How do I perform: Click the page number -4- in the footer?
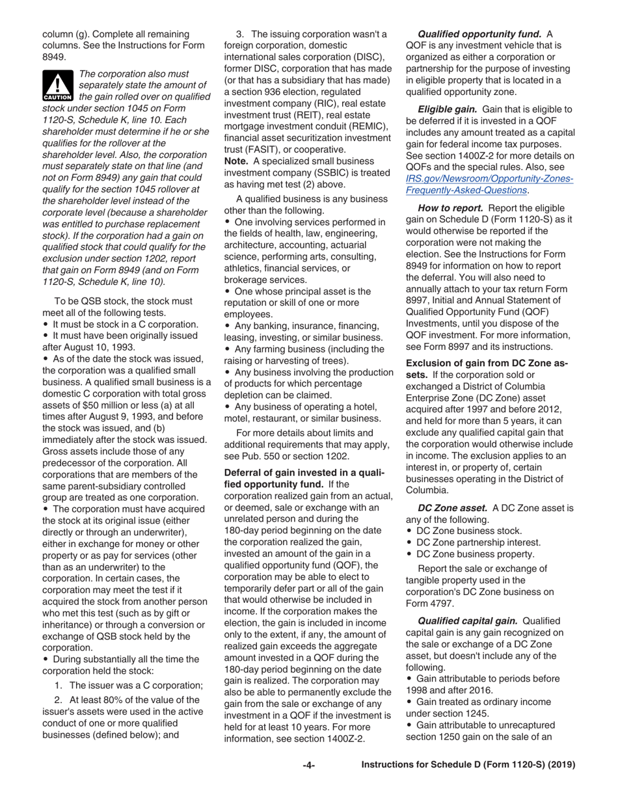coord(309,766)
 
